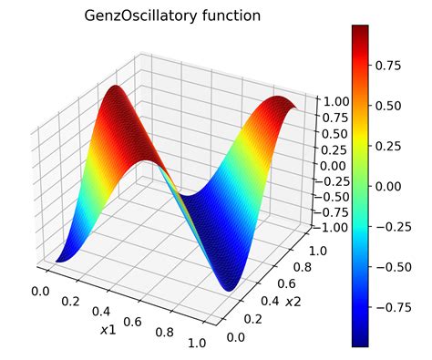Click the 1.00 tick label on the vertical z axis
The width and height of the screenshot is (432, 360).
pyautogui.click(x=330, y=103)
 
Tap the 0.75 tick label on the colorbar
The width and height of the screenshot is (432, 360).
pyautogui.click(x=395, y=66)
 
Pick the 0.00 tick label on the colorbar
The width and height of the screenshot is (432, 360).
pyautogui.click(x=395, y=186)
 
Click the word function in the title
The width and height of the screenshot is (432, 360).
pyautogui.click(x=231, y=15)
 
